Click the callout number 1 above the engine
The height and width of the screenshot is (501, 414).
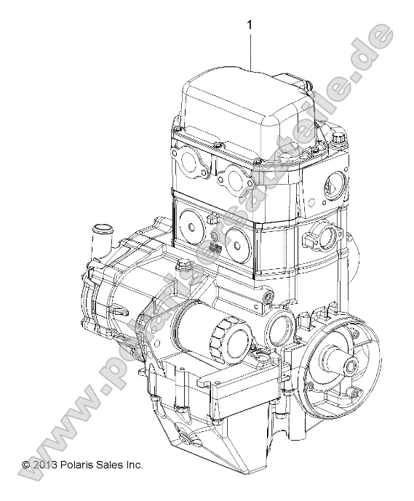tap(250, 25)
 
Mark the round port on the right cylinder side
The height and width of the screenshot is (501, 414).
tap(323, 236)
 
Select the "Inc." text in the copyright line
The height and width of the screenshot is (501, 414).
tap(134, 464)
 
